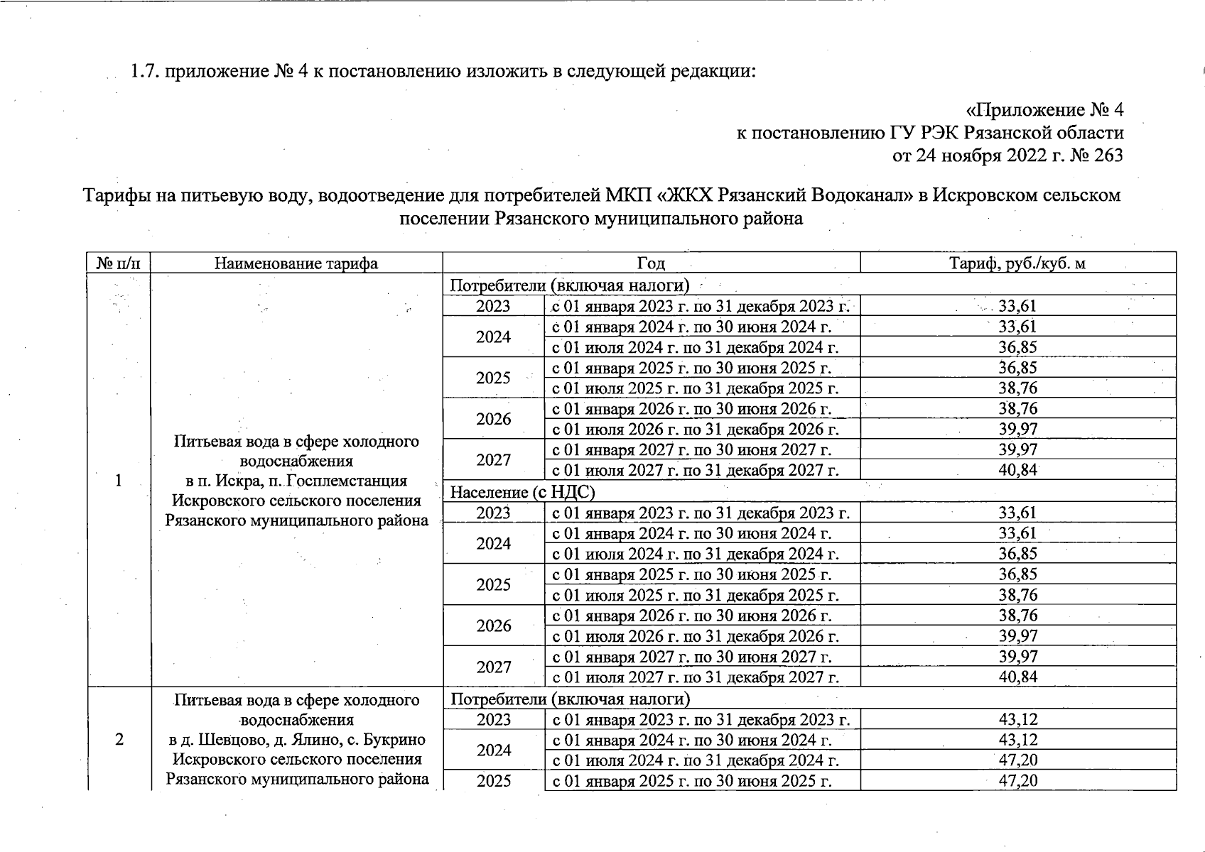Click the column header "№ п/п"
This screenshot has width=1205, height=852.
tap(119, 263)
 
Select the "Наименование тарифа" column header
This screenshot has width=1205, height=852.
tap(296, 263)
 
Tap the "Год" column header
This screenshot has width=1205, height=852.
tap(651, 263)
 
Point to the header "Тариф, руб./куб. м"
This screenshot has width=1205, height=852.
tap(1017, 263)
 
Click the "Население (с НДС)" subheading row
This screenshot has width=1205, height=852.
tap(522, 491)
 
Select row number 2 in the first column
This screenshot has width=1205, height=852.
tap(119, 739)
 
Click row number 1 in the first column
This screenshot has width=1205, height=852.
tap(119, 481)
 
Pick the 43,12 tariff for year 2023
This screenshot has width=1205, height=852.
tap(1017, 719)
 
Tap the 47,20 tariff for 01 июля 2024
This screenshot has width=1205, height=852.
tap(1017, 760)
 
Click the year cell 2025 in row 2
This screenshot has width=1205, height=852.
tap(494, 781)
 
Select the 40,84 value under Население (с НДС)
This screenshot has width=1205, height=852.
tap(1017, 677)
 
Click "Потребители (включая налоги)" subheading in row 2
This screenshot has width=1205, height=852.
tap(570, 699)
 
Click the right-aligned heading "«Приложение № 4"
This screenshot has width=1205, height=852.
tap(1044, 110)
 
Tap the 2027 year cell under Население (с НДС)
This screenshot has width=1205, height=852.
tap(494, 667)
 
